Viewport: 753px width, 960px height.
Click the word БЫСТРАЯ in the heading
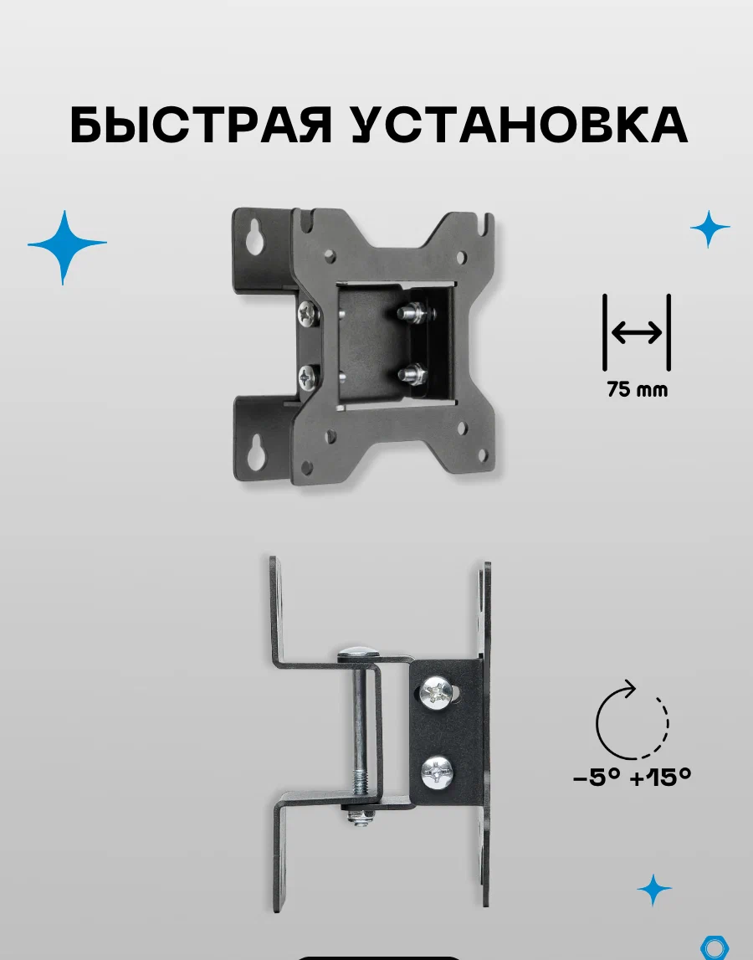202,125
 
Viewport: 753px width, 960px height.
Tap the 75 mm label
638,389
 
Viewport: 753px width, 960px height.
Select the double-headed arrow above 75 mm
637,333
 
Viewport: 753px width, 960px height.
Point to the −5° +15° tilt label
632,778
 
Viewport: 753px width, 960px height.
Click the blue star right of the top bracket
710,228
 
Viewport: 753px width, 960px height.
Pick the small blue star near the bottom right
653,890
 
